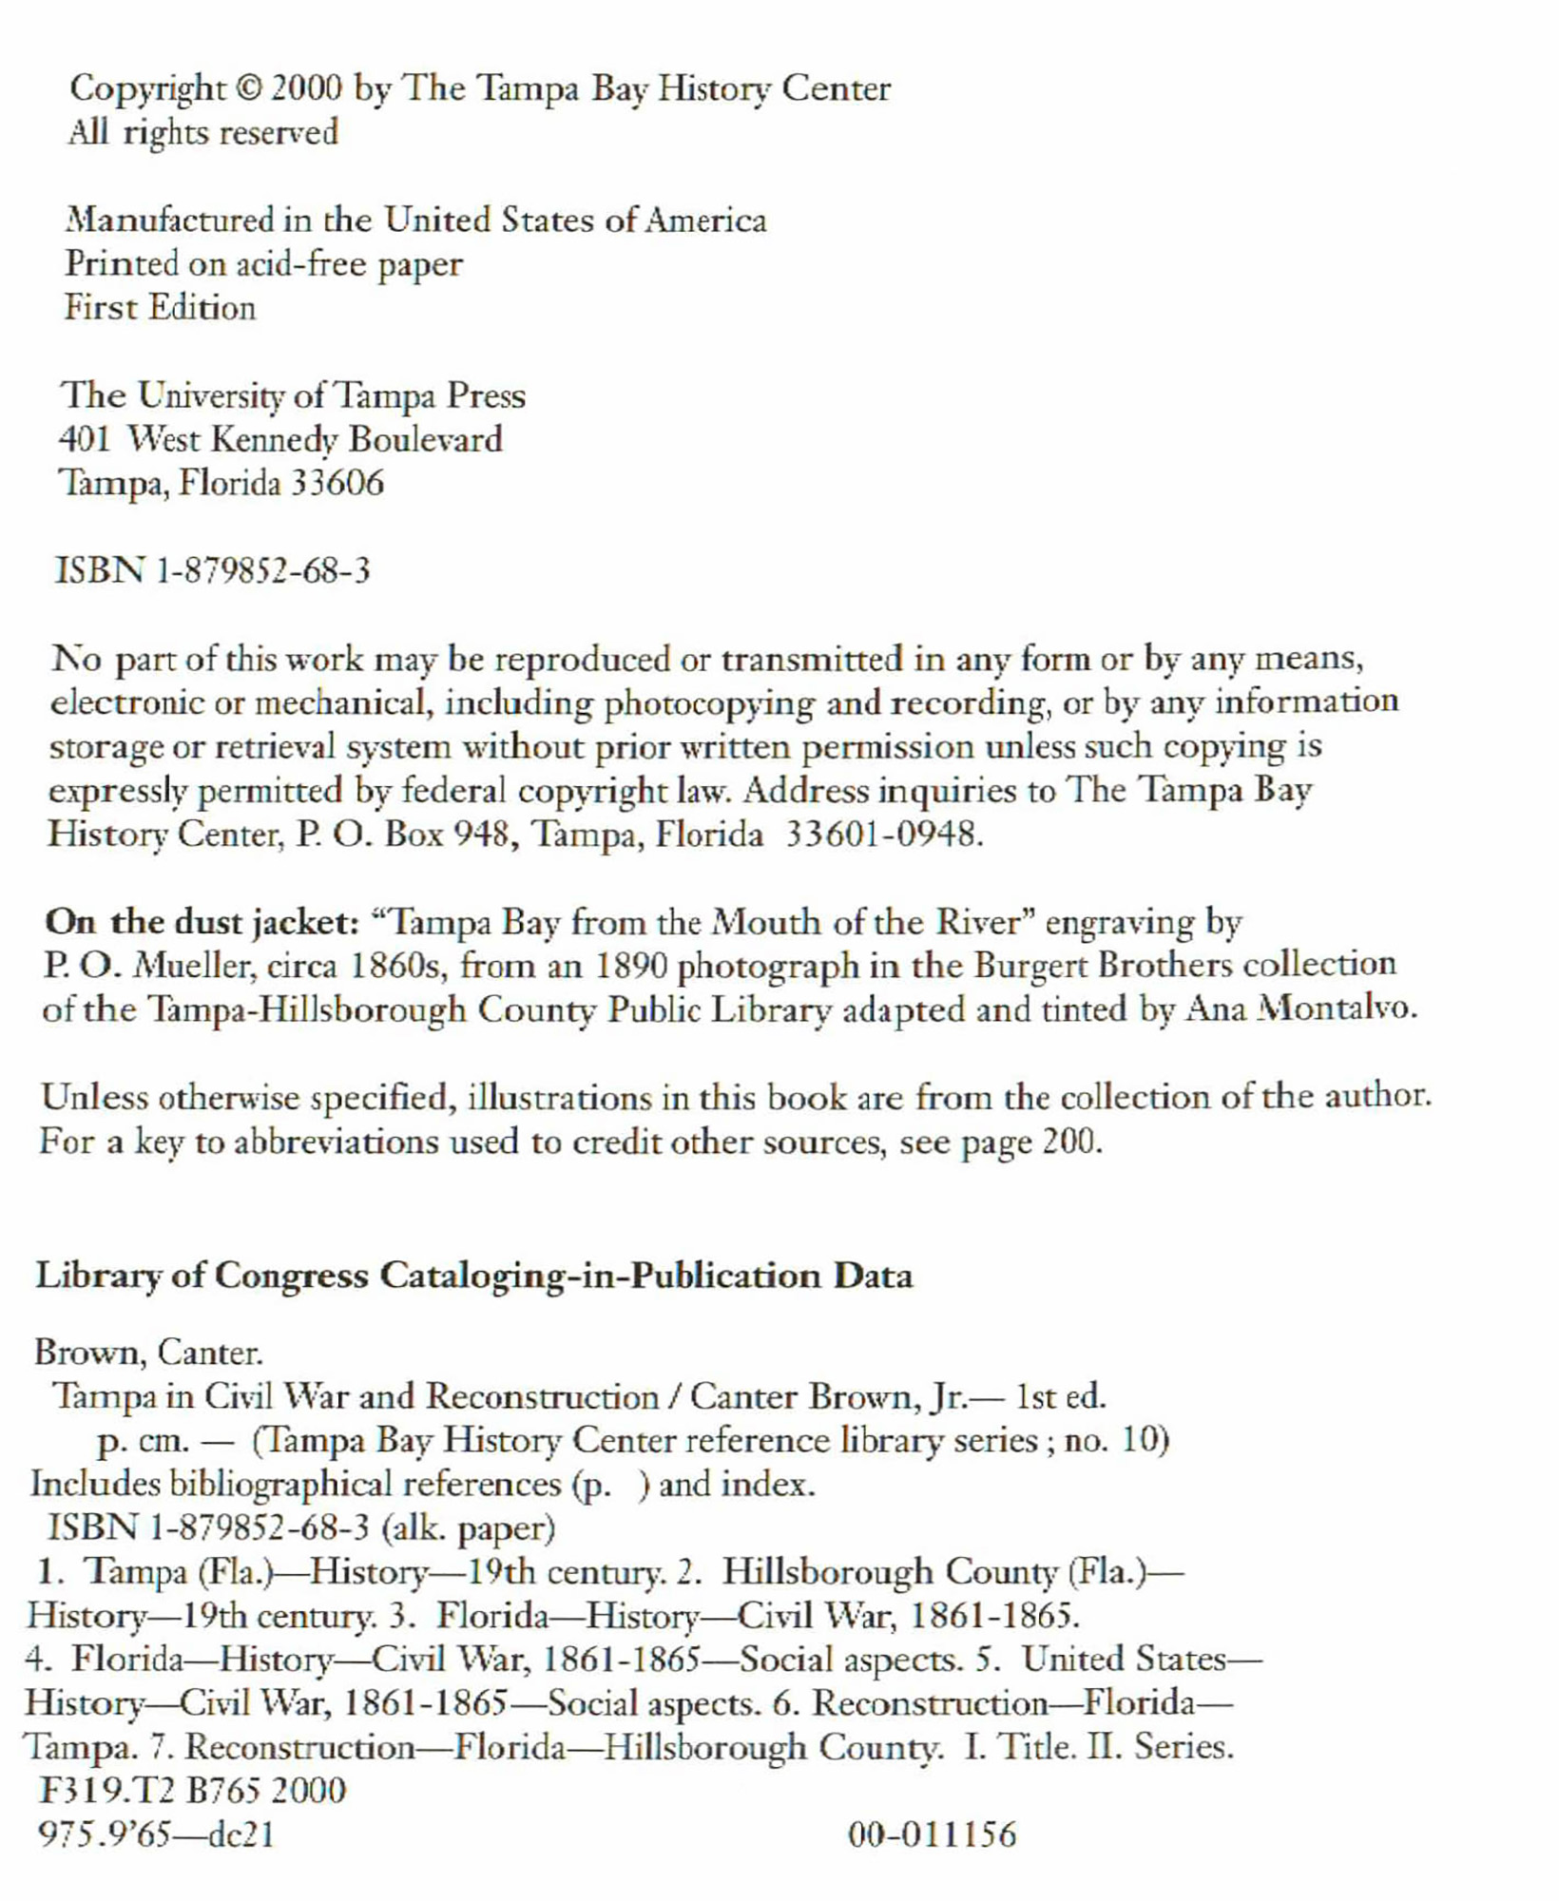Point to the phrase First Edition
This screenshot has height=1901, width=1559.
pyautogui.click(x=160, y=309)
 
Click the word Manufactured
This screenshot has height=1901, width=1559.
pyautogui.click(x=169, y=221)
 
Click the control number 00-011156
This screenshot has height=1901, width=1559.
pyautogui.click(x=932, y=1835)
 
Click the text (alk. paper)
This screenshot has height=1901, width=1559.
pyautogui.click(x=468, y=1529)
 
